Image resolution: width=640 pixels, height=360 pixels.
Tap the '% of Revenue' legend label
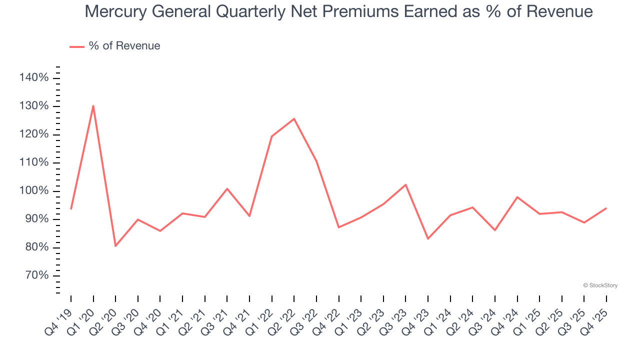click(124, 46)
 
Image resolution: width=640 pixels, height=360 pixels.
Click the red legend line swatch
click(77, 46)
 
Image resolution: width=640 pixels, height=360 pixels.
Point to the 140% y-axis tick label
click(34, 78)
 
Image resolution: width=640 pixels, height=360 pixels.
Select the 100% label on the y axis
click(34, 191)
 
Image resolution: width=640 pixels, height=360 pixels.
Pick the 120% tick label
click(34, 134)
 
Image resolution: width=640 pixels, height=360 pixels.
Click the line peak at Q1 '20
click(93, 105)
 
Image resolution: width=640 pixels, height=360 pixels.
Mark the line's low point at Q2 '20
click(115, 246)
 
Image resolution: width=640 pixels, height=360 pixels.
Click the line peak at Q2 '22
click(294, 118)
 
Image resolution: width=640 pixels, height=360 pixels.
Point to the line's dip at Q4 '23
click(428, 238)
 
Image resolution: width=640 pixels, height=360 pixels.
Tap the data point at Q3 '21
click(227, 188)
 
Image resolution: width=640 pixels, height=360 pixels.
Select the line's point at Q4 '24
click(517, 197)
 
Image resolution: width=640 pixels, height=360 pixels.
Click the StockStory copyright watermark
click(600, 285)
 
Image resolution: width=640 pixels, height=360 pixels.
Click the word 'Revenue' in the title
click(563, 11)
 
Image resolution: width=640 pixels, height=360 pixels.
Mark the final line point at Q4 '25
click(606, 208)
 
